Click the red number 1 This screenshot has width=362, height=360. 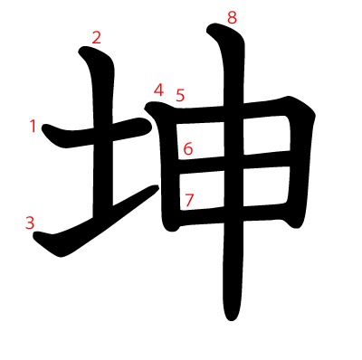33,126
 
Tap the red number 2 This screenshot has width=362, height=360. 96,38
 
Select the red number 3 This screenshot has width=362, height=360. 30,223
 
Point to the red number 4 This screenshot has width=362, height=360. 158,90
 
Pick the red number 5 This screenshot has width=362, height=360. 180,95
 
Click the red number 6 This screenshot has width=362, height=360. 188,149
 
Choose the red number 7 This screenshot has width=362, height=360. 189,200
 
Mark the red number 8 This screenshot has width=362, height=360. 232,17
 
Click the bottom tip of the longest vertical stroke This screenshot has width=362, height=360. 232,320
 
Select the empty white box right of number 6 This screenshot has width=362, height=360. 201,141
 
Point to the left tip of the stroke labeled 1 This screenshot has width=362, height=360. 43,128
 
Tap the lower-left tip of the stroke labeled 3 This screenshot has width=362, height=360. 34,235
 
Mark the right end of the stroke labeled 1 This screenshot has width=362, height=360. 149,126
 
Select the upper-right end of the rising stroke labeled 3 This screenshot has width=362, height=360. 157,187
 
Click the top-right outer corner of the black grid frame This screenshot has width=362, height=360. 314,114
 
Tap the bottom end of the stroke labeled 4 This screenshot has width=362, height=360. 171,231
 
